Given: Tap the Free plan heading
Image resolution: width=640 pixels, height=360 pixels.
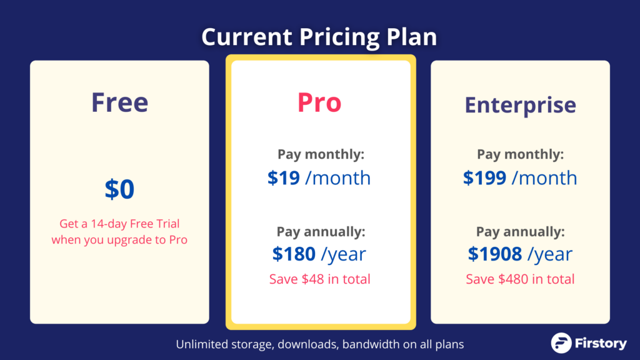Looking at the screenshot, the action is pyautogui.click(x=119, y=102).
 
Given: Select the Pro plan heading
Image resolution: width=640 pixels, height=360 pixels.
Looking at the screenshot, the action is pyautogui.click(x=319, y=102).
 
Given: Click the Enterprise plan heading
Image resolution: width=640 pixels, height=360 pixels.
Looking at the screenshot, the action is pyautogui.click(x=521, y=105).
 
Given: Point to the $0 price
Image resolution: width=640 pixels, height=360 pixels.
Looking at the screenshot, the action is pyautogui.click(x=119, y=189).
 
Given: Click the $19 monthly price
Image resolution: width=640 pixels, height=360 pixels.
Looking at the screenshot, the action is pyautogui.click(x=284, y=178).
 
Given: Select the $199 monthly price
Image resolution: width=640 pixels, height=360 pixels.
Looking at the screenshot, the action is pyautogui.click(x=484, y=178).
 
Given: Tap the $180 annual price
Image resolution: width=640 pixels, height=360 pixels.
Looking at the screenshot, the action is pyautogui.click(x=294, y=254).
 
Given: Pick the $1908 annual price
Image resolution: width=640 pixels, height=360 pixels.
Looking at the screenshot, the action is pyautogui.click(x=495, y=254).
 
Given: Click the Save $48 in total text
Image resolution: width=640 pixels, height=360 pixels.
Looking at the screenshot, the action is pyautogui.click(x=319, y=279).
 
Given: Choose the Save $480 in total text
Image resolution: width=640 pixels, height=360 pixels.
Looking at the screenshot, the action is pyautogui.click(x=520, y=279).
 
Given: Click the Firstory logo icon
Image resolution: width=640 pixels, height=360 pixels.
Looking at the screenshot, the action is pyautogui.click(x=561, y=343).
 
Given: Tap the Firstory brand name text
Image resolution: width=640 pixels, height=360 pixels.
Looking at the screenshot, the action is pyautogui.click(x=601, y=343).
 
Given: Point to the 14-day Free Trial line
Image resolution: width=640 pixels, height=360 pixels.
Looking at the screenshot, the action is pyautogui.click(x=119, y=224).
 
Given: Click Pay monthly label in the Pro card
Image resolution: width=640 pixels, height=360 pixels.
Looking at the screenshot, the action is pyautogui.click(x=321, y=154).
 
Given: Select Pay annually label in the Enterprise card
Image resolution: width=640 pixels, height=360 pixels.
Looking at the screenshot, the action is pyautogui.click(x=521, y=232).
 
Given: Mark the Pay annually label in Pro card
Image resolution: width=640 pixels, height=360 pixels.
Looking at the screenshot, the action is pyautogui.click(x=321, y=232).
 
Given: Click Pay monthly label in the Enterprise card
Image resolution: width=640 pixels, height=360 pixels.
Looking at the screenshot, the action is pyautogui.click(x=521, y=154).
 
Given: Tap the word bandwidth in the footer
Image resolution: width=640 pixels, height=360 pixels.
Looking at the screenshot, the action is pyautogui.click(x=371, y=344).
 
